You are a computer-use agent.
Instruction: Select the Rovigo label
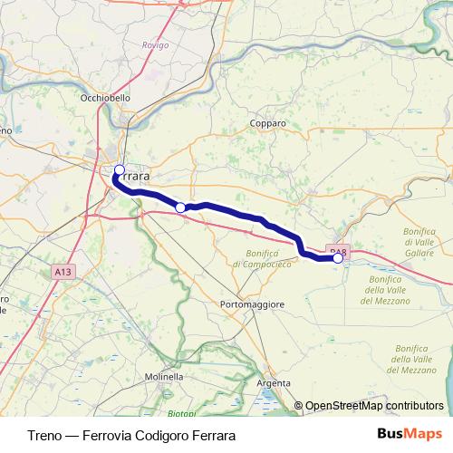click(x=156, y=44)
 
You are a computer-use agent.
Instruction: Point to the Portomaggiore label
click(x=253, y=304)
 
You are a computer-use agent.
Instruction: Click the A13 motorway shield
click(x=62, y=271)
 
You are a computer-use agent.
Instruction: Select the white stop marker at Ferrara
click(x=119, y=169)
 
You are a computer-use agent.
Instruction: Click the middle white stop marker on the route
click(x=180, y=208)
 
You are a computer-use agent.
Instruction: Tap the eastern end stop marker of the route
click(x=338, y=258)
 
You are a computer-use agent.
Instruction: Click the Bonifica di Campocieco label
click(x=262, y=259)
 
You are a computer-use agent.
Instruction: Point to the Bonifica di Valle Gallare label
click(x=419, y=243)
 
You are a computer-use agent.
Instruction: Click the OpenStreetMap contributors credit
click(x=373, y=406)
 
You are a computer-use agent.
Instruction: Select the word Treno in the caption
click(x=46, y=435)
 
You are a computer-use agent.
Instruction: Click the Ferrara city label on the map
click(x=134, y=175)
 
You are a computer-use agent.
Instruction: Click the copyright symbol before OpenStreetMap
click(x=298, y=406)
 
